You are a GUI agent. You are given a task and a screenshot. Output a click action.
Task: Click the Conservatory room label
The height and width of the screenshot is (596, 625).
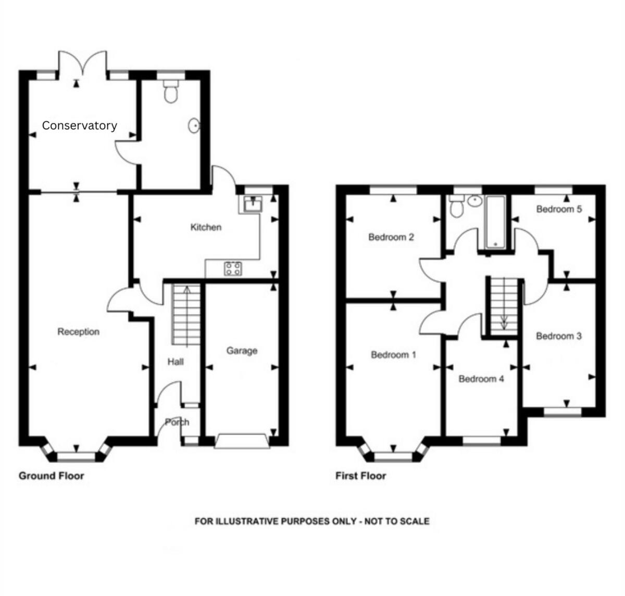(79, 126)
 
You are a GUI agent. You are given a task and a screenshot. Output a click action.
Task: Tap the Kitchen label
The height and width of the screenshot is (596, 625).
(206, 227)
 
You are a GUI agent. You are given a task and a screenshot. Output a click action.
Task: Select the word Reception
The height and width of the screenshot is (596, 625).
(78, 332)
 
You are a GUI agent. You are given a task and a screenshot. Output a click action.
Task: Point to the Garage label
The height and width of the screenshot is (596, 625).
(242, 351)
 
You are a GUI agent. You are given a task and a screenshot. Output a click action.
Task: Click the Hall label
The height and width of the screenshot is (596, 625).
(176, 362)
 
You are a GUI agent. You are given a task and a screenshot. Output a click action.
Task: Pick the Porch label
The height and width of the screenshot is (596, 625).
(177, 422)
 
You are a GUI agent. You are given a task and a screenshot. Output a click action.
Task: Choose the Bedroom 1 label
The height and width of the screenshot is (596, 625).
(393, 355)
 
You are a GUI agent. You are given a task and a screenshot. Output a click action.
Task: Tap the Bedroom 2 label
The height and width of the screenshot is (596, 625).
(391, 237)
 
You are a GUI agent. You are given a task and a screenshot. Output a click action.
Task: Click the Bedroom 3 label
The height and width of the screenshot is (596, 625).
(558, 336)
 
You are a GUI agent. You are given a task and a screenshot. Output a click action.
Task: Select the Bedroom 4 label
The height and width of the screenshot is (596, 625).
(481, 379)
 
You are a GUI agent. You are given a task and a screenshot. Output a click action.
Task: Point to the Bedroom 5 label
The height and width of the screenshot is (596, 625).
(559, 209)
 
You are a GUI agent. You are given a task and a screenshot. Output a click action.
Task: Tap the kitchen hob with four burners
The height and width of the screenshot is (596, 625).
(233, 269)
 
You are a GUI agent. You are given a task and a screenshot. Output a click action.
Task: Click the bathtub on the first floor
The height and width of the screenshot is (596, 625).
(495, 222)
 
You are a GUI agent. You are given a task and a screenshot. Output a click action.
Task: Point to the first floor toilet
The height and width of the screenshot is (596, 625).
(457, 207)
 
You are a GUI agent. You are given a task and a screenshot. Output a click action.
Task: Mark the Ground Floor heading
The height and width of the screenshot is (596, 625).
(51, 476)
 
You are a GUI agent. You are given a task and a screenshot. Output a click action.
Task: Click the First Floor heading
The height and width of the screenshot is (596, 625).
(360, 476)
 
